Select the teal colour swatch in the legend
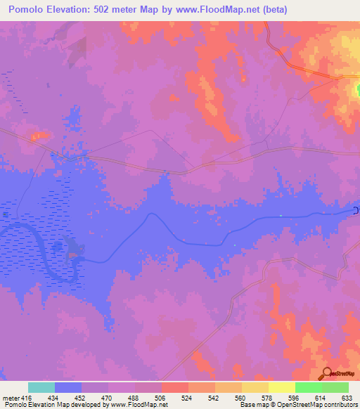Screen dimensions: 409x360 pos(41,388)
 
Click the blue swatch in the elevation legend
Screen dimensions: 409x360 pos(68,388)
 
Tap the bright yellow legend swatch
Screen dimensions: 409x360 pos(281,388)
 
